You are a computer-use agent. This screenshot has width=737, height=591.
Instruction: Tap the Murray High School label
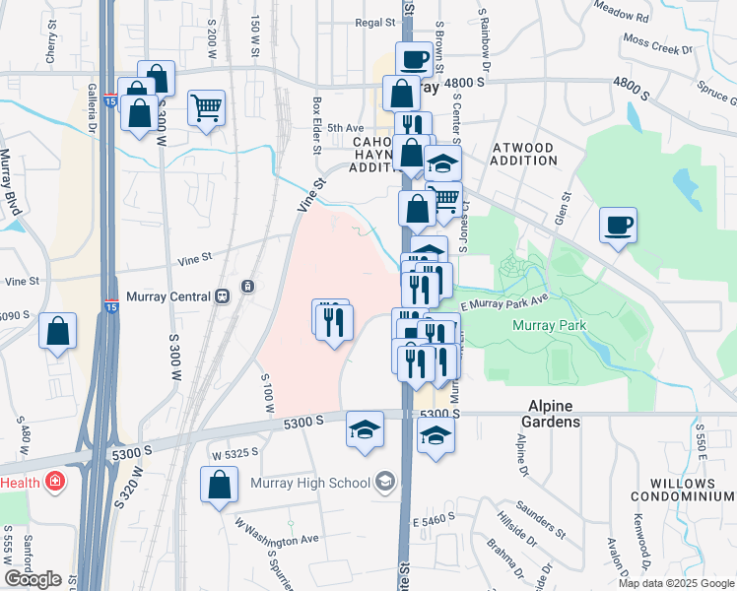click(324, 482)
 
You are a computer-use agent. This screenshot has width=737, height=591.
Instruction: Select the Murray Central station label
click(169, 296)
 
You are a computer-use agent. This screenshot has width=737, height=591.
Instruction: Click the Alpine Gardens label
click(550, 413)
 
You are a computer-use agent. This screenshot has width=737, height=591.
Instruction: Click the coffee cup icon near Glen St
click(618, 226)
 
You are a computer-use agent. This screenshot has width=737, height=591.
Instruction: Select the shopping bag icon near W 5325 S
click(219, 485)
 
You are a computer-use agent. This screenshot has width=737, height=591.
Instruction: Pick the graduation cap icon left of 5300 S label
click(365, 430)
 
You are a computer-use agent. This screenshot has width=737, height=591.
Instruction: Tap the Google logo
click(33, 579)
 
